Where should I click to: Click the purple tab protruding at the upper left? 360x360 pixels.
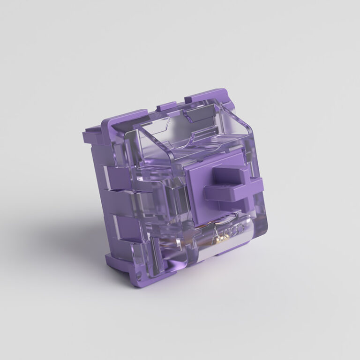[x=92, y=136]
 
